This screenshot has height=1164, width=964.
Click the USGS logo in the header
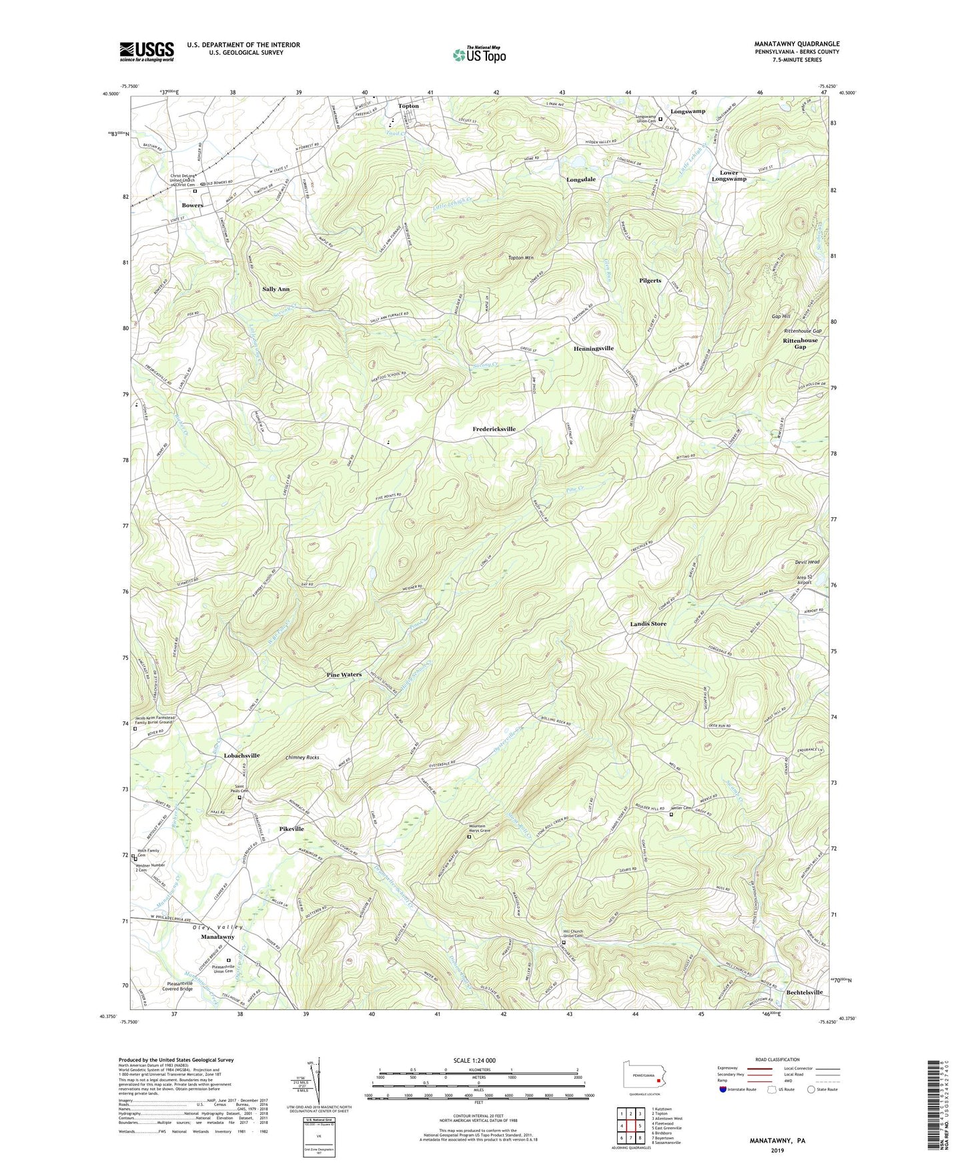[x=147, y=51]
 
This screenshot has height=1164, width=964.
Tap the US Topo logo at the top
[x=478, y=55]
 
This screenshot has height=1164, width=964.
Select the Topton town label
[x=408, y=106]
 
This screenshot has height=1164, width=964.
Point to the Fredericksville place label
[x=494, y=429]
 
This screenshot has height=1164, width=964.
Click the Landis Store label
[x=648, y=624]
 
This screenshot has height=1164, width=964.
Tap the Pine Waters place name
[x=344, y=675]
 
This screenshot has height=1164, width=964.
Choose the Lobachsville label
[x=232, y=756]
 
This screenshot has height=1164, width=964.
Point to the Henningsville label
[x=593, y=349]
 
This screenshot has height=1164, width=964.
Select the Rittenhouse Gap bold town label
[x=800, y=343]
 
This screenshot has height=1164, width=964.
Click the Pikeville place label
[x=291, y=829]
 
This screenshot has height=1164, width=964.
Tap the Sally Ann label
[x=276, y=289]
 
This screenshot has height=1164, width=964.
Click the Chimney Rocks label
[x=302, y=757]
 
